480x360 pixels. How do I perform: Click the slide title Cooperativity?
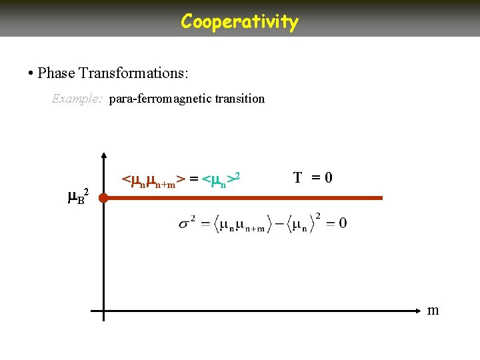pos(239,21)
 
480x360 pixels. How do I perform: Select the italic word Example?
pos(77,99)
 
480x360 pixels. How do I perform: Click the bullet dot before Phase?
pos(31,72)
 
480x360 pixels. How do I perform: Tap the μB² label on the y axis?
pos(77,197)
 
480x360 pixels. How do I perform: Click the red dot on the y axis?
pos(103,197)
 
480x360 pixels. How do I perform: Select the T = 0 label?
pos(313,178)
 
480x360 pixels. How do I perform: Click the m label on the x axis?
pos(433,310)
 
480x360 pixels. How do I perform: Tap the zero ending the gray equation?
pos(341,223)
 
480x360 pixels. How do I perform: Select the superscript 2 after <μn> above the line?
pos(237,175)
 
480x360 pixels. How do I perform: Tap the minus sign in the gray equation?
pos(280,223)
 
